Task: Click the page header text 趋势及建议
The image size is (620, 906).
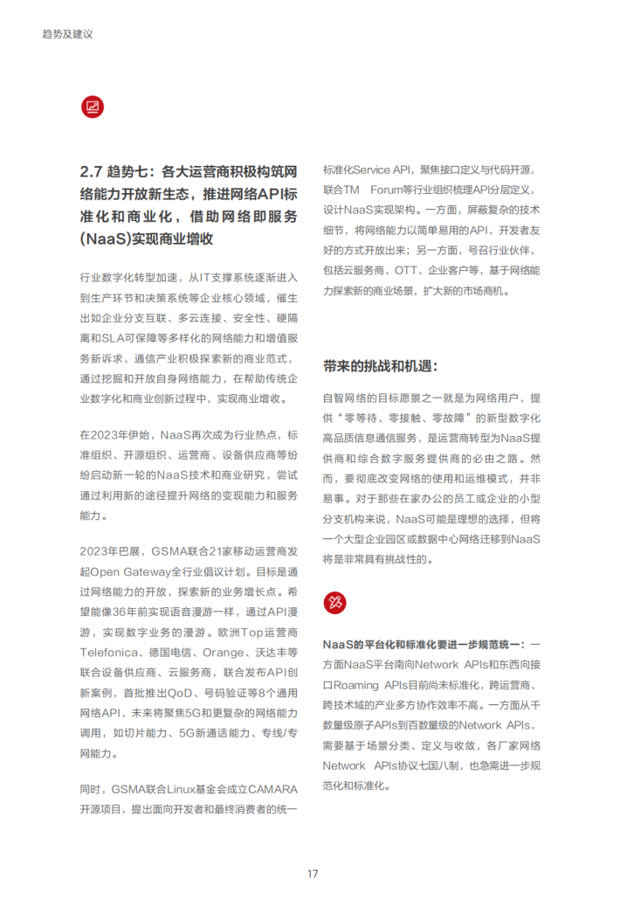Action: point(67,34)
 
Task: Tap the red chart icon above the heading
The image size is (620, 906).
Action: point(92,107)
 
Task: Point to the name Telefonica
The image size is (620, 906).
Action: point(110,652)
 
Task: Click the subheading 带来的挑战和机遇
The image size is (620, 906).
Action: point(380,365)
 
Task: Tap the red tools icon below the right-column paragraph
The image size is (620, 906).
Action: point(335,601)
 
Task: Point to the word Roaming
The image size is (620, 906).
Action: point(356,685)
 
